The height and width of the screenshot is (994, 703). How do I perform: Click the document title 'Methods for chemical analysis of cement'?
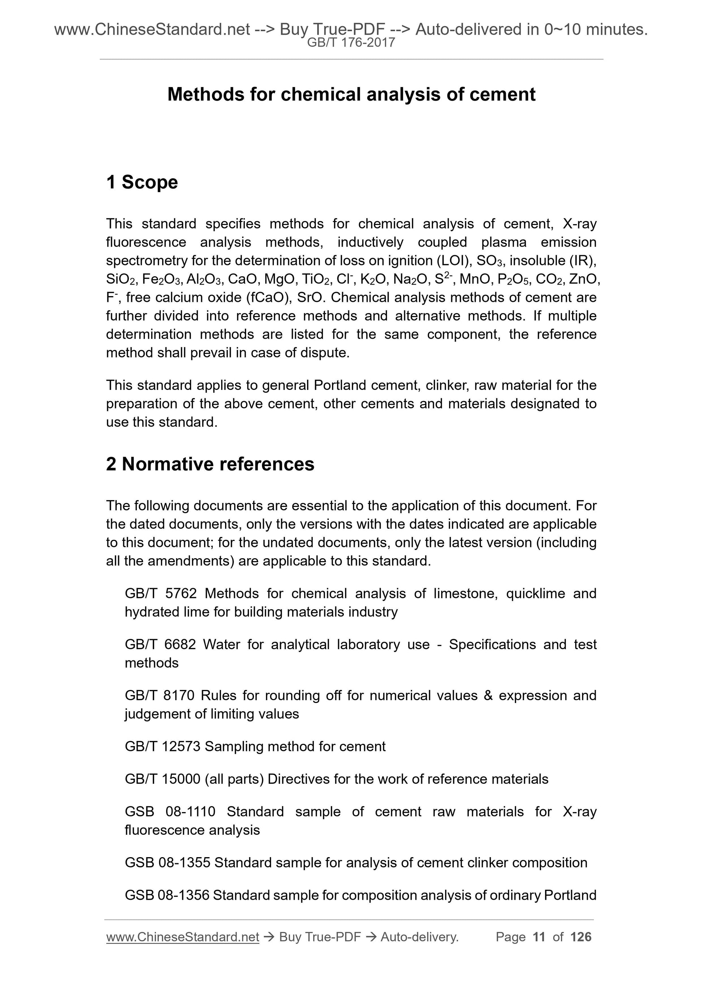tap(351, 94)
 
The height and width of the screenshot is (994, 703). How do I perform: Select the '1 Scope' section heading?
tap(142, 182)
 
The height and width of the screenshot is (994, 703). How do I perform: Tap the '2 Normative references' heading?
tap(210, 464)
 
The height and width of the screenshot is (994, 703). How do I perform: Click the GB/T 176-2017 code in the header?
tap(351, 43)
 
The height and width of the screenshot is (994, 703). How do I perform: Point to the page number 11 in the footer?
tap(539, 937)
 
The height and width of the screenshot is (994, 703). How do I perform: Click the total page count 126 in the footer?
tap(581, 937)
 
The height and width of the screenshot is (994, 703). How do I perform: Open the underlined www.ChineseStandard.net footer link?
tap(182, 937)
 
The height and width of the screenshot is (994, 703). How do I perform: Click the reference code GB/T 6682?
tap(160, 644)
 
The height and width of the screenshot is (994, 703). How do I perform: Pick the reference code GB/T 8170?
tap(159, 695)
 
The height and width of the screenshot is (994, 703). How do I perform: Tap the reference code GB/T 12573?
tap(163, 746)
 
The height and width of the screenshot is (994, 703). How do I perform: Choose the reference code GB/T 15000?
tap(163, 779)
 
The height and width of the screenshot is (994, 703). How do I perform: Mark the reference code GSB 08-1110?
tap(170, 811)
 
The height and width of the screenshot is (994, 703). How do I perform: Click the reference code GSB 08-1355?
tap(167, 862)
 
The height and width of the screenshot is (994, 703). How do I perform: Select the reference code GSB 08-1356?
tap(167, 895)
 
